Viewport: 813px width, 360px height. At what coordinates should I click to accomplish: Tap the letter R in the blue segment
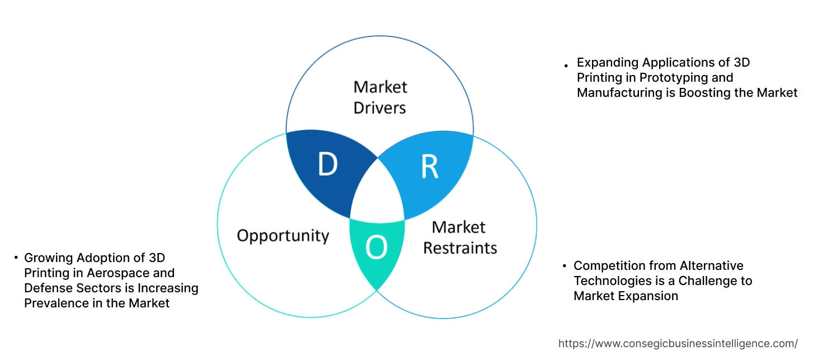429,166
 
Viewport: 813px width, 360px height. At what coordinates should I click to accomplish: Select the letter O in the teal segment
377,248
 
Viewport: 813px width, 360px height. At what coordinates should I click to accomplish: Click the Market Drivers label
380,97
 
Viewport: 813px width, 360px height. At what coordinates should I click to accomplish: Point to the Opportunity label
283,236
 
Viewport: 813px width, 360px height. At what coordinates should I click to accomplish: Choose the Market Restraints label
459,237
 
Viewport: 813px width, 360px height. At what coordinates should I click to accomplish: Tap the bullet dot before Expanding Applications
566,66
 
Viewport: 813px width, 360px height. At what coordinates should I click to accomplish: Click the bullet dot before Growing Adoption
16,258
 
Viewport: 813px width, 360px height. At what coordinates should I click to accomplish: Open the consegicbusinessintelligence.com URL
678,343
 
